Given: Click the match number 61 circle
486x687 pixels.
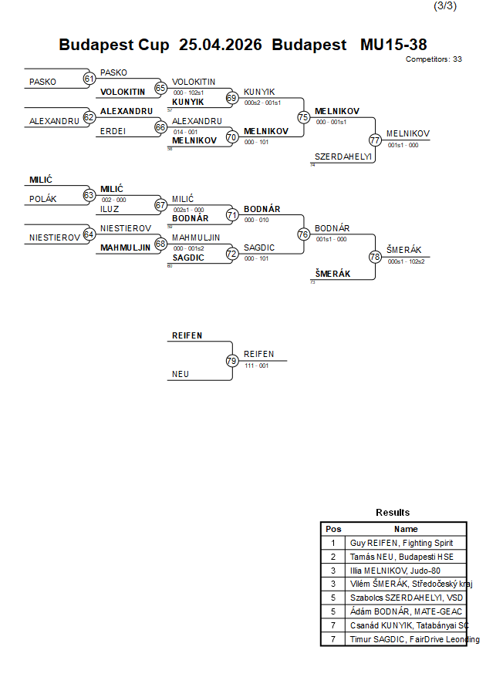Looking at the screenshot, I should point(89,78).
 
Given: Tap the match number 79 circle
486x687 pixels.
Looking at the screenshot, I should point(231,360).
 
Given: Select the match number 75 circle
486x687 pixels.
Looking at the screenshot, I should point(303,117).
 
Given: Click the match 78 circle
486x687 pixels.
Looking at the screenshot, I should point(375,257).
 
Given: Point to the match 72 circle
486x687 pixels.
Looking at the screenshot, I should point(231,253).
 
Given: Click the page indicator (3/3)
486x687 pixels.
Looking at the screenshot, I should point(445,6).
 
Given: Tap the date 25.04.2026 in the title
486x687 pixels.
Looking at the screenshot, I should point(221,45).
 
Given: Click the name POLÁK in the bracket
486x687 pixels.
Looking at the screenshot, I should point(43,199).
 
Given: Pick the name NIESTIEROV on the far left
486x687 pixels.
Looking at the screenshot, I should point(54,238).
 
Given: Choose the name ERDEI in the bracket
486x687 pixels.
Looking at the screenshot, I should point(113,131).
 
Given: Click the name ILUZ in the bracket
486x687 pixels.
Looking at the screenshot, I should point(110,208).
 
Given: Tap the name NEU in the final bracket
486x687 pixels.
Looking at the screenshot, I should point(181,374).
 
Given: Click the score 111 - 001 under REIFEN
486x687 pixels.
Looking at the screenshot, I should point(256,365).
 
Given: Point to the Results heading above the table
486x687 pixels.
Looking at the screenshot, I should point(393,512).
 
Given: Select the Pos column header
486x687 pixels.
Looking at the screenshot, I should point(333,529).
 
